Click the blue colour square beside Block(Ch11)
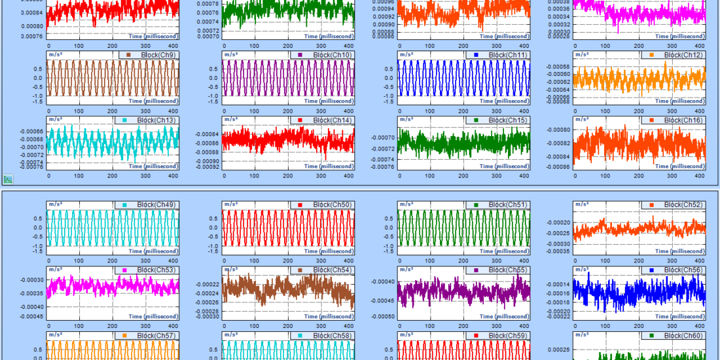(x=477, y=55)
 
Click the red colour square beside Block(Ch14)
(x=301, y=120)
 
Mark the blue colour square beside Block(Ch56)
(x=652, y=270)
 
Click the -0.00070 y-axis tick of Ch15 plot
(x=383, y=137)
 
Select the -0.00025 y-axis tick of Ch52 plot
(x=558, y=233)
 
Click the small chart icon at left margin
(x=8, y=179)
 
